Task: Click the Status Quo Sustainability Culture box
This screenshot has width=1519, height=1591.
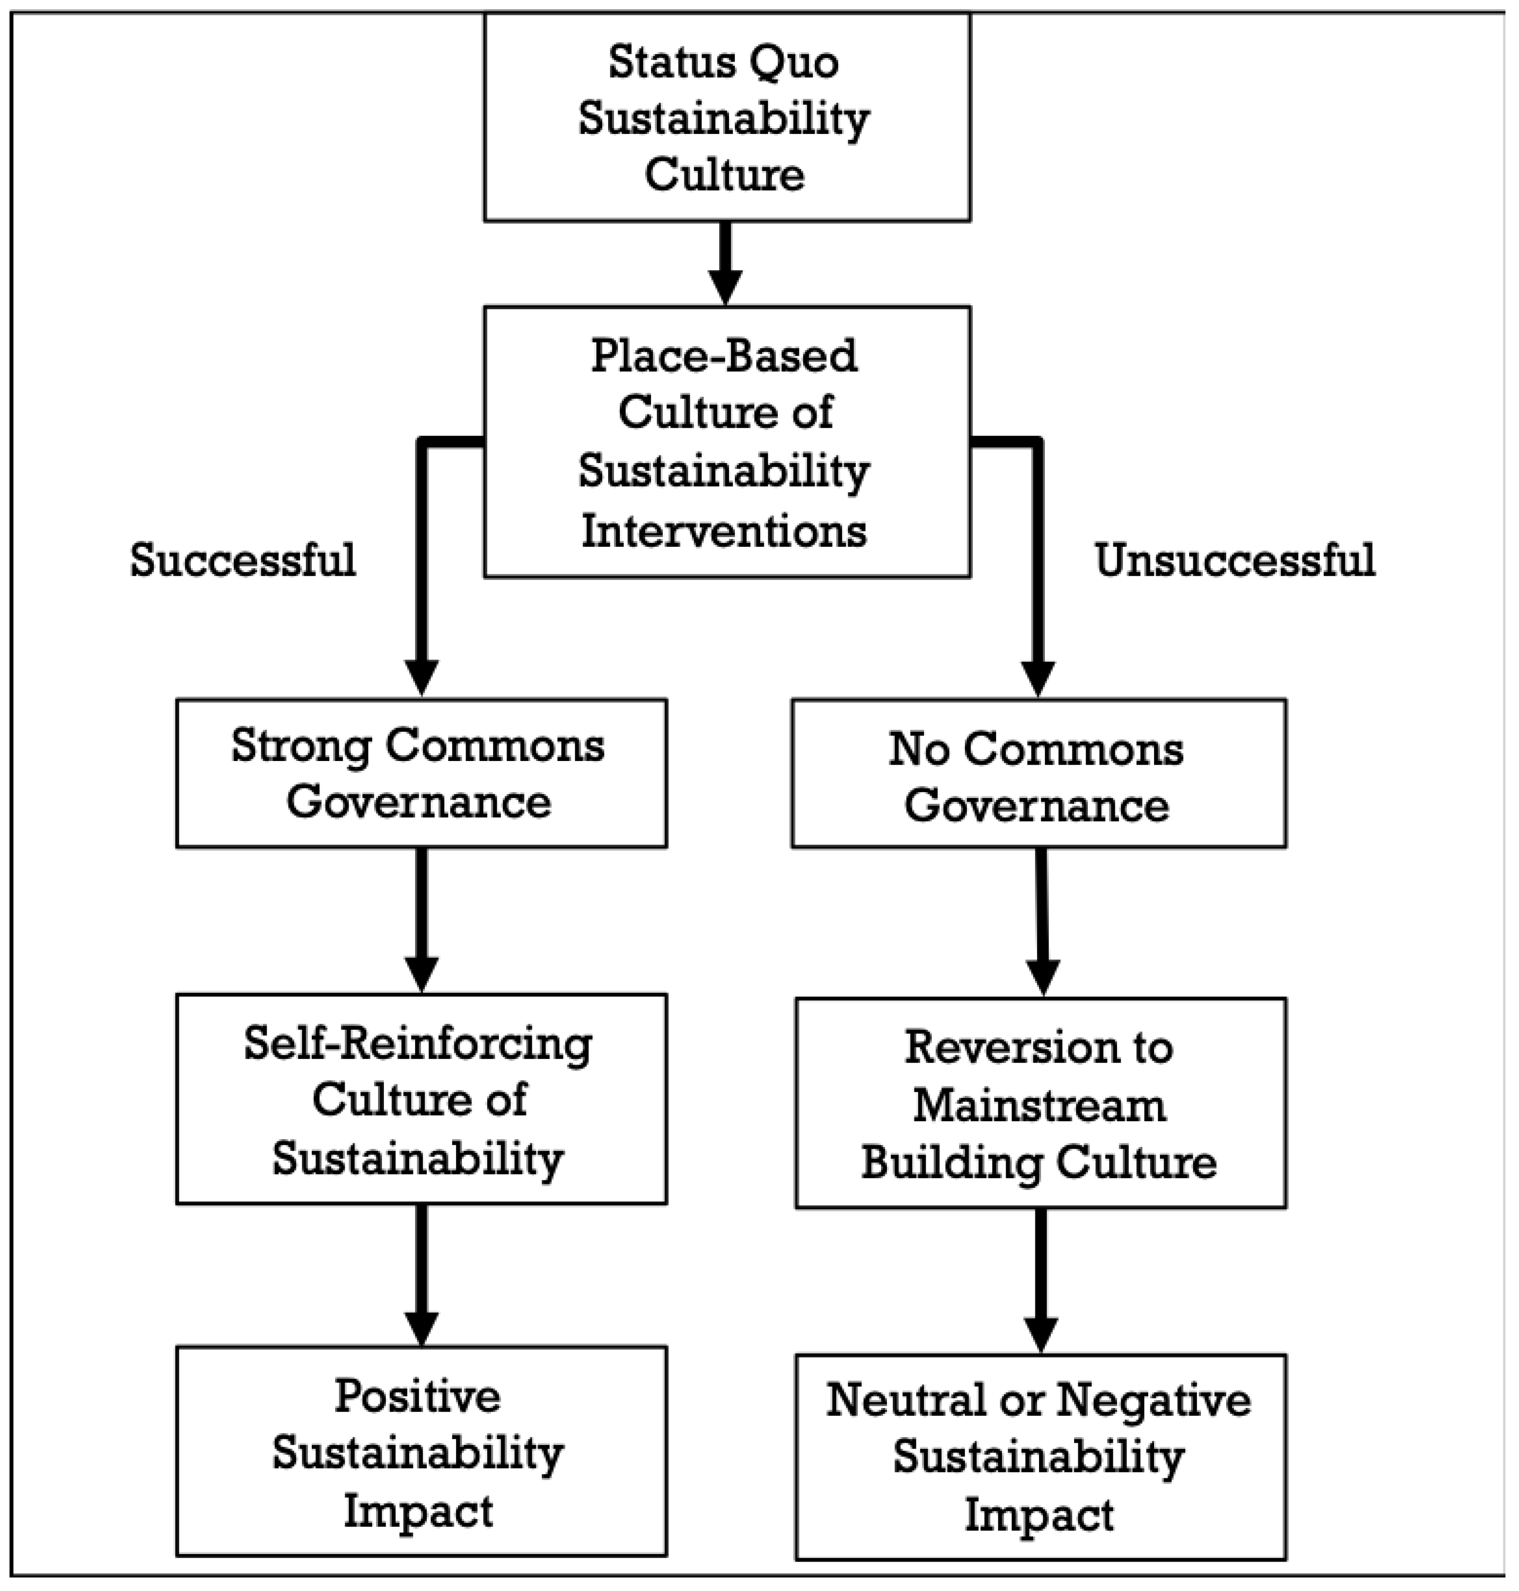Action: (726, 117)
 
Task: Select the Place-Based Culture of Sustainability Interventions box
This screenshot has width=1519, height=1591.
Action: (726, 441)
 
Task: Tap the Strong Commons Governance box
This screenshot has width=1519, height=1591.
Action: (421, 773)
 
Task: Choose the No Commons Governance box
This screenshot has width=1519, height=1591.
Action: (1038, 773)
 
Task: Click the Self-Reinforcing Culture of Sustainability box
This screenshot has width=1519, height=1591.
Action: (421, 1099)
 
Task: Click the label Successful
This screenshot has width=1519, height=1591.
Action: (243, 560)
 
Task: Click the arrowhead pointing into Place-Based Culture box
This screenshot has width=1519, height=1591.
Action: (725, 287)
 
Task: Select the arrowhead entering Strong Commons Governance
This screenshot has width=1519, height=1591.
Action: (422, 677)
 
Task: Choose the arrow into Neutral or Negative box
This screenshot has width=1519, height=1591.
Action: (1041, 1279)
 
